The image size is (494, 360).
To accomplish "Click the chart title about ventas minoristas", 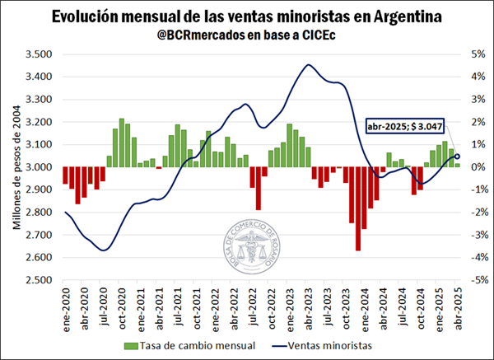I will tap(246, 16).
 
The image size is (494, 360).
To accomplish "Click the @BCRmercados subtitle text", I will tap(246, 36).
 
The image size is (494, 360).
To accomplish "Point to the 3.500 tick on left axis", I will tap(39, 54).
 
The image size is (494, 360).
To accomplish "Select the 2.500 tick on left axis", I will tap(39, 280).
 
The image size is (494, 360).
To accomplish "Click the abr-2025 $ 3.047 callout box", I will tap(404, 127).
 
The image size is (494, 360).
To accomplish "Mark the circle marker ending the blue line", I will tap(458, 157).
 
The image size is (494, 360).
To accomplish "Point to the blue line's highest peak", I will tap(309, 65).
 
